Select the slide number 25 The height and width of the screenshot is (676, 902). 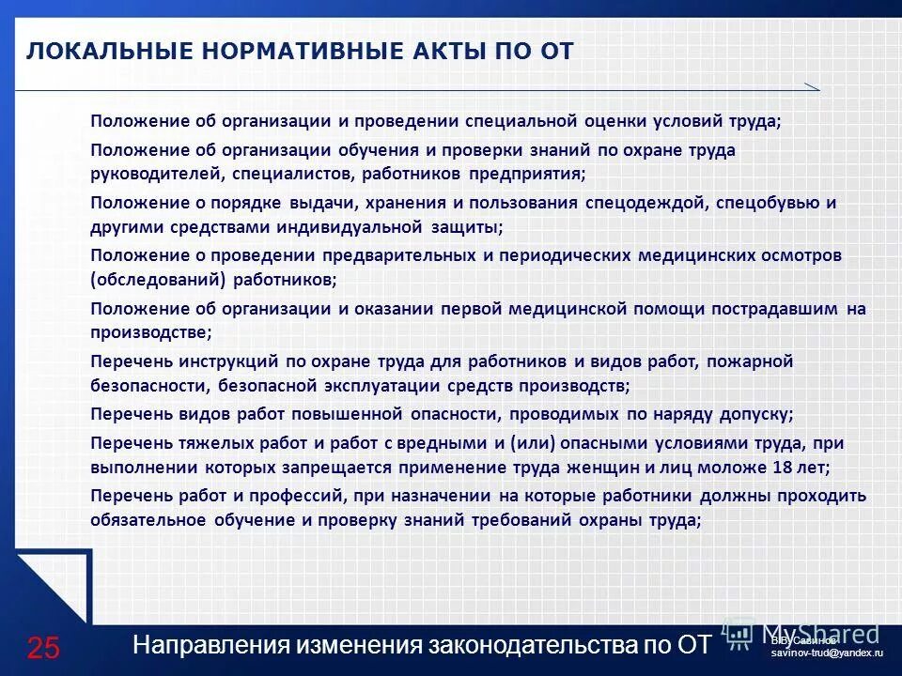coord(43,647)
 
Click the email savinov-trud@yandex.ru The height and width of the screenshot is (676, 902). coord(827,652)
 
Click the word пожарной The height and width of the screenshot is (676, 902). coord(750,361)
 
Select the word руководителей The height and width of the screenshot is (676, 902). coord(148,174)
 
